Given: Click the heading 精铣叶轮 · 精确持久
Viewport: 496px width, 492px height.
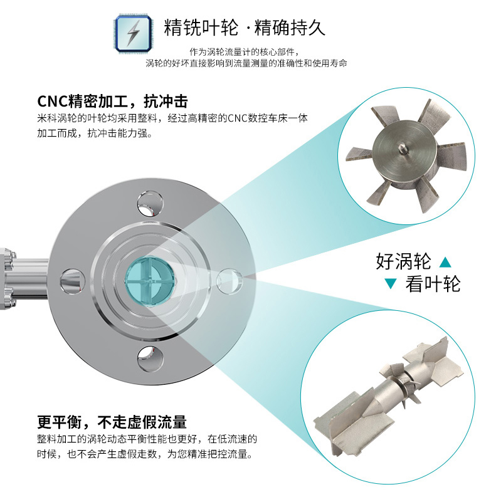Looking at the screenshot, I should [245, 28].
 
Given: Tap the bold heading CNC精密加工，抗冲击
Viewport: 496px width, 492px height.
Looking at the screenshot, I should [113, 102].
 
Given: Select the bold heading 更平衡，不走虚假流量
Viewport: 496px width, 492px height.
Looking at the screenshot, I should [112, 422].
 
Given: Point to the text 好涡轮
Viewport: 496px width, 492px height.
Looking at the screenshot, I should [403, 260].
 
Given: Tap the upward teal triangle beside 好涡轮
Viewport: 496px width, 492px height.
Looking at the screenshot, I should [445, 261].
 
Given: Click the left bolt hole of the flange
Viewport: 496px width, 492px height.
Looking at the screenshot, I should [72, 280].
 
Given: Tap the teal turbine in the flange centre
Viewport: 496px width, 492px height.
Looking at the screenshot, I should [149, 281].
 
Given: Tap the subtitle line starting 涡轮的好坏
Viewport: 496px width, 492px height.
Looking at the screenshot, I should [246, 63].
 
